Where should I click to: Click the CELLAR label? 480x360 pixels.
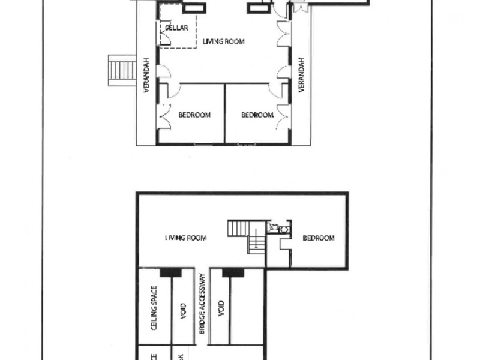176,28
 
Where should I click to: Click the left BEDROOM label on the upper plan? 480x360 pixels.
194,115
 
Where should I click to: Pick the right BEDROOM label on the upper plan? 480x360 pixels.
257,115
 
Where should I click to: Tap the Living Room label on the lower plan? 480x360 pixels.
186,238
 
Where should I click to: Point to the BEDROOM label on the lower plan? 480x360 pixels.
318,238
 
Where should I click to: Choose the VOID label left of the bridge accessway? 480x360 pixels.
184,310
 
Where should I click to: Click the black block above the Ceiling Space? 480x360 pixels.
171,272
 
